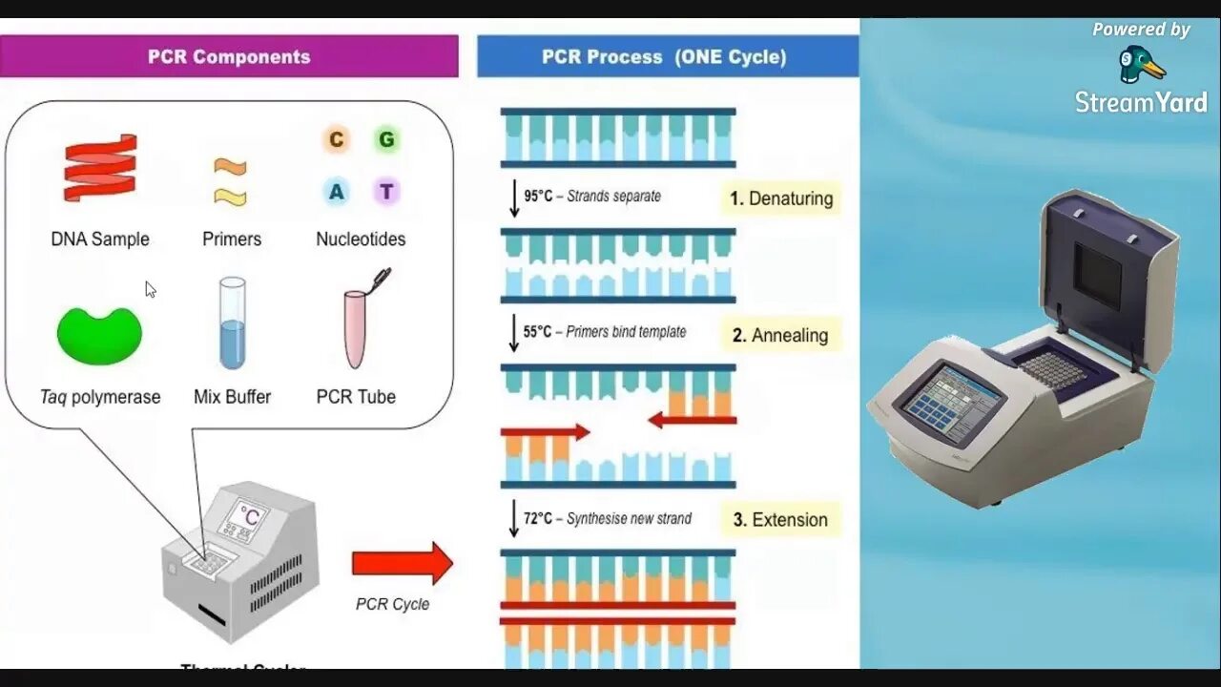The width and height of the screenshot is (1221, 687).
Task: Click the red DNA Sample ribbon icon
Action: [x=100, y=168]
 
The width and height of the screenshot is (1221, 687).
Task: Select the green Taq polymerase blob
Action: [x=99, y=335]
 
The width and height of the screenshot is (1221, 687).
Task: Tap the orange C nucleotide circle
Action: [x=336, y=140]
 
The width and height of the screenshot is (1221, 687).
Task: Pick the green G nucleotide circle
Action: [x=385, y=140]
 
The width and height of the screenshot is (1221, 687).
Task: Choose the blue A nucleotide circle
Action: [x=336, y=192]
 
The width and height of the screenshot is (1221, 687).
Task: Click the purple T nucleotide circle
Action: [x=385, y=192]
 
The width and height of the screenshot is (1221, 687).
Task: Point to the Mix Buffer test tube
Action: [x=232, y=323]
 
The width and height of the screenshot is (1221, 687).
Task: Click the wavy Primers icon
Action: [x=230, y=182]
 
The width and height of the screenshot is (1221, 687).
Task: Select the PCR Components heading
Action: [x=229, y=56]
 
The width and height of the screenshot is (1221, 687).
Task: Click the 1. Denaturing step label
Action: [x=780, y=198]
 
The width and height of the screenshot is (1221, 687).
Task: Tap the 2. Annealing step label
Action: [x=780, y=335]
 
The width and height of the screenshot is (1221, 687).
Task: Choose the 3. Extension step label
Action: [x=780, y=520]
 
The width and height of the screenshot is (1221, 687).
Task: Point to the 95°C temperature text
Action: [x=538, y=197]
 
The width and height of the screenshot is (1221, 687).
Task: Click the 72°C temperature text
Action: [x=538, y=519]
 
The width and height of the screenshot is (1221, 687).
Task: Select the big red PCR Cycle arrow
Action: [x=402, y=563]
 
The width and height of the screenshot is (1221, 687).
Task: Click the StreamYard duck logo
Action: [x=1141, y=65]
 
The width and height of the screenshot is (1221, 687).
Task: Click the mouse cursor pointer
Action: [x=150, y=288]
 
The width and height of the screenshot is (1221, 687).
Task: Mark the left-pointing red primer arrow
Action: [x=692, y=420]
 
